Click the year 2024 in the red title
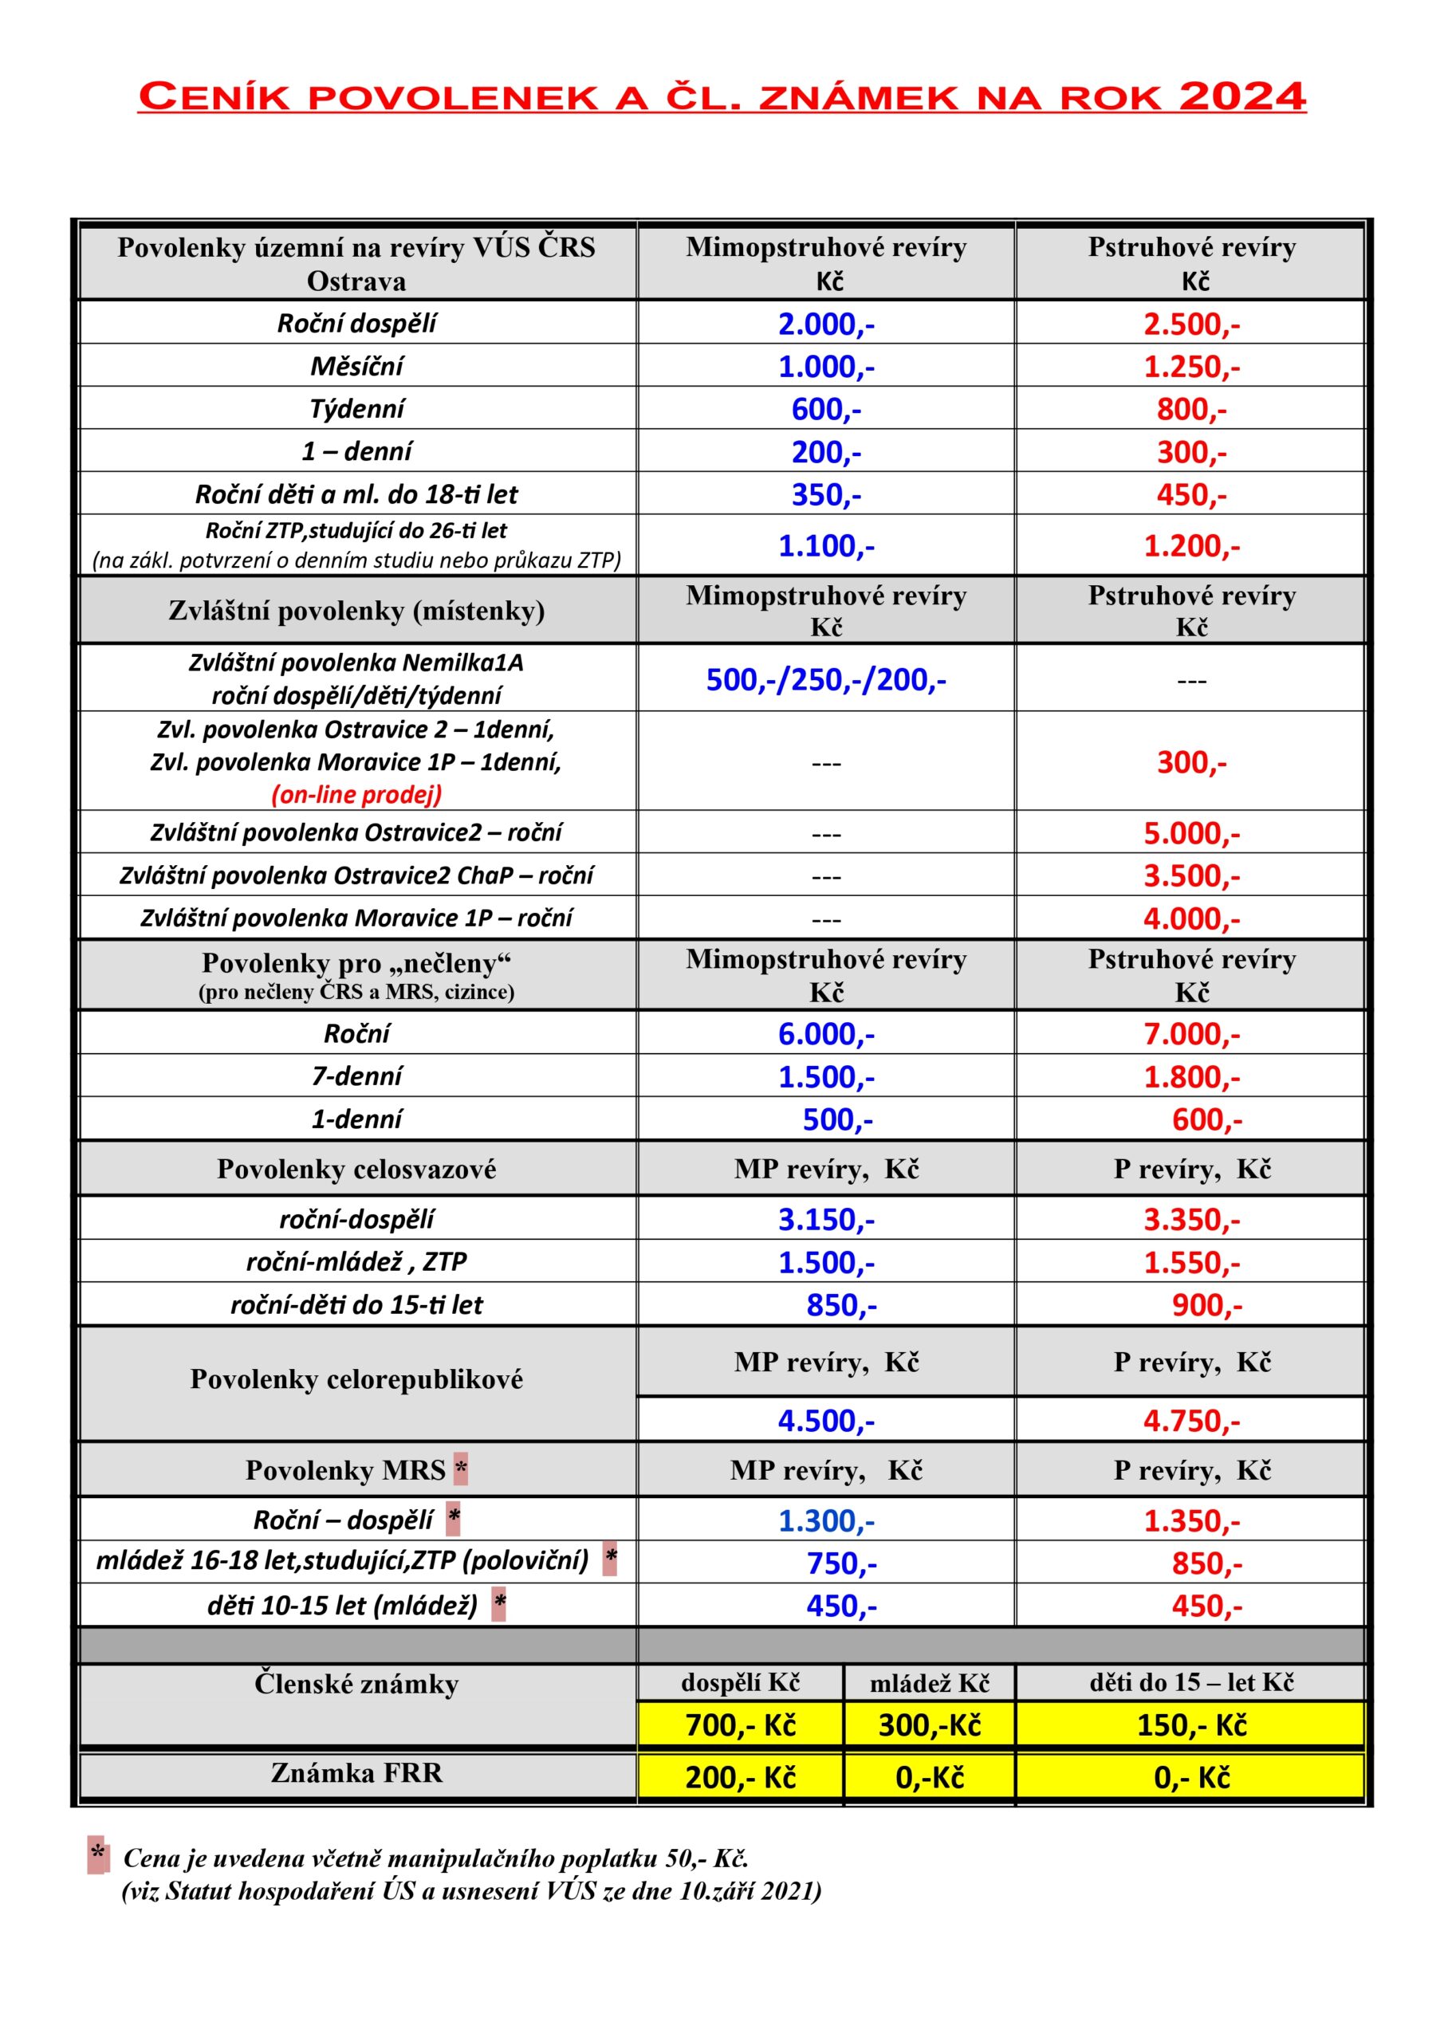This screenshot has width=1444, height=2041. point(1241,96)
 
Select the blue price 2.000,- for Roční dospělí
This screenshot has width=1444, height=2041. point(826,324)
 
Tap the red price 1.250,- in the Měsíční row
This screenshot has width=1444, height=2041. point(1190,366)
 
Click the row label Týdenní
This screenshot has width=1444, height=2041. point(356,409)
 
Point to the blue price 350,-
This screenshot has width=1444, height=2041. point(826,495)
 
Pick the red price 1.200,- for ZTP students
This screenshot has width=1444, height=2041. point(1190,546)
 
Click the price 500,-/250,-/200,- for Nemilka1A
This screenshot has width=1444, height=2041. point(826,680)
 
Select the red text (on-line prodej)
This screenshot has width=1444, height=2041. point(356,795)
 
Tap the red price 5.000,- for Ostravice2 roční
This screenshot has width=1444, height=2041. point(1190,834)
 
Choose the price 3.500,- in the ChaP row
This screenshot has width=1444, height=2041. point(1190,876)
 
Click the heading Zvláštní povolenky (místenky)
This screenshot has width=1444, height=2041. point(356,611)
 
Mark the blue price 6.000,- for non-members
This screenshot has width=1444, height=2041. point(826,1035)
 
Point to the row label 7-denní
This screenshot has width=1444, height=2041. point(356,1076)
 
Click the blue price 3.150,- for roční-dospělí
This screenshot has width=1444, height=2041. point(826,1220)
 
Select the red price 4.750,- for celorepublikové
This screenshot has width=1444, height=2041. point(1190,1422)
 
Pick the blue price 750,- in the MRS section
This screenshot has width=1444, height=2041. point(840,1563)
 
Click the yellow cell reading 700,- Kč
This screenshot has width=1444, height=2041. point(740,1725)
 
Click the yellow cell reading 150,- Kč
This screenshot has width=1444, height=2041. point(1190,1725)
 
